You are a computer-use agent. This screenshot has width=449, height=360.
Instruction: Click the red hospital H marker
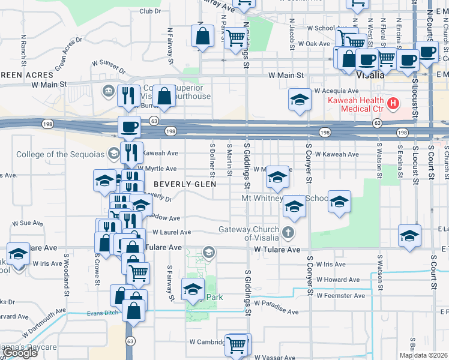pyautogui.click(x=393, y=104)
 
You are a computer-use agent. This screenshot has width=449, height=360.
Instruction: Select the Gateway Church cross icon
pyautogui.click(x=288, y=232)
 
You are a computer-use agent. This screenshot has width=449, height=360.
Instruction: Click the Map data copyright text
pyautogui.click(x=424, y=355)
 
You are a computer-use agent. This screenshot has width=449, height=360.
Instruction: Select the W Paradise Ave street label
pyautogui.click(x=275, y=312)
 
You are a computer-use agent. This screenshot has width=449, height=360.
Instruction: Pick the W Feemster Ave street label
pyautogui.click(x=340, y=296)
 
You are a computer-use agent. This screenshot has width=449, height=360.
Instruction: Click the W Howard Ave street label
pyautogui.click(x=338, y=280)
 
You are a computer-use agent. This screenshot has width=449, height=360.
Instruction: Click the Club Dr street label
pyautogui.click(x=150, y=11)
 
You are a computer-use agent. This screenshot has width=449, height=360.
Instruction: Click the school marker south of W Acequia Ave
pyautogui.click(x=300, y=100)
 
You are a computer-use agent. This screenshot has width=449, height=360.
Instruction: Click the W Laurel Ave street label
pyautogui.click(x=172, y=232)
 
